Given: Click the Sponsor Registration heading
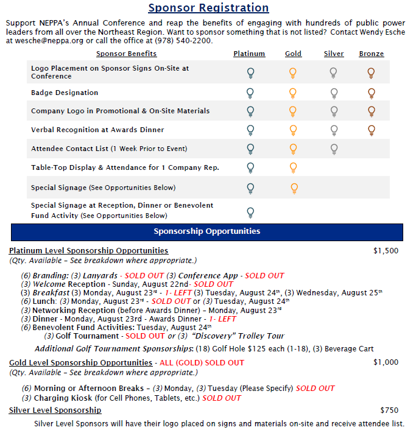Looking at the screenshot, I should [208, 8].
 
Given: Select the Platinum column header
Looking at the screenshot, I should [249, 54].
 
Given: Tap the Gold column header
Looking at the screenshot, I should [293, 54].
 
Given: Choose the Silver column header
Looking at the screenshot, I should [333, 54].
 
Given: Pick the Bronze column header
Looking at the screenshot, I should [371, 54].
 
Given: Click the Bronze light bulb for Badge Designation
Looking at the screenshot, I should [371, 93].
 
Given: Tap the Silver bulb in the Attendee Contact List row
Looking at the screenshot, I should [333, 148].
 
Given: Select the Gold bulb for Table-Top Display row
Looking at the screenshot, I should [293, 167].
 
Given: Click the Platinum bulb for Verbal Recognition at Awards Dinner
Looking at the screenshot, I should [250, 130].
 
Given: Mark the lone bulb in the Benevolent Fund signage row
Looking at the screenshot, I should [250, 212].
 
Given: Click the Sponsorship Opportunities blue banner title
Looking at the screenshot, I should [206, 231].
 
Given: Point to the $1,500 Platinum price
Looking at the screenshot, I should [386, 250].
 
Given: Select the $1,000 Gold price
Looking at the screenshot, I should [386, 362].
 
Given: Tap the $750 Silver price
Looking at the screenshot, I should [389, 410].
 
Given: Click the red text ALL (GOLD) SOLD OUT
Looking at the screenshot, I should [202, 362].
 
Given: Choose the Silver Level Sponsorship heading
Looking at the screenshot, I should [55, 410].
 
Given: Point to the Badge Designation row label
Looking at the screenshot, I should [65, 93].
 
